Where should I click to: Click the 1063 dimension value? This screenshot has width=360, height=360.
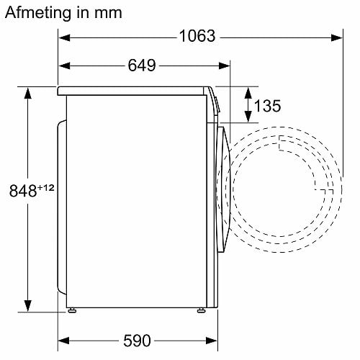click(x=197, y=36)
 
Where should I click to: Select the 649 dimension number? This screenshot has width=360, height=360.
click(x=142, y=66)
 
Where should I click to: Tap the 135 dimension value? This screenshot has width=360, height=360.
click(x=267, y=106)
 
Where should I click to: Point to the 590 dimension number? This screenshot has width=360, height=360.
click(x=137, y=341)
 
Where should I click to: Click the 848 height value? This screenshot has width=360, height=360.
click(x=23, y=191)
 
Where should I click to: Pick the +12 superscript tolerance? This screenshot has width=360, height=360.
click(x=45, y=187)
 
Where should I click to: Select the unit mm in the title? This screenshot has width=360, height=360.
click(x=108, y=14)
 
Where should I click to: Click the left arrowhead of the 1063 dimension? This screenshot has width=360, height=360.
click(x=64, y=37)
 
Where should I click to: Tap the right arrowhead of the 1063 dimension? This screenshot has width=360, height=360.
click(x=336, y=37)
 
